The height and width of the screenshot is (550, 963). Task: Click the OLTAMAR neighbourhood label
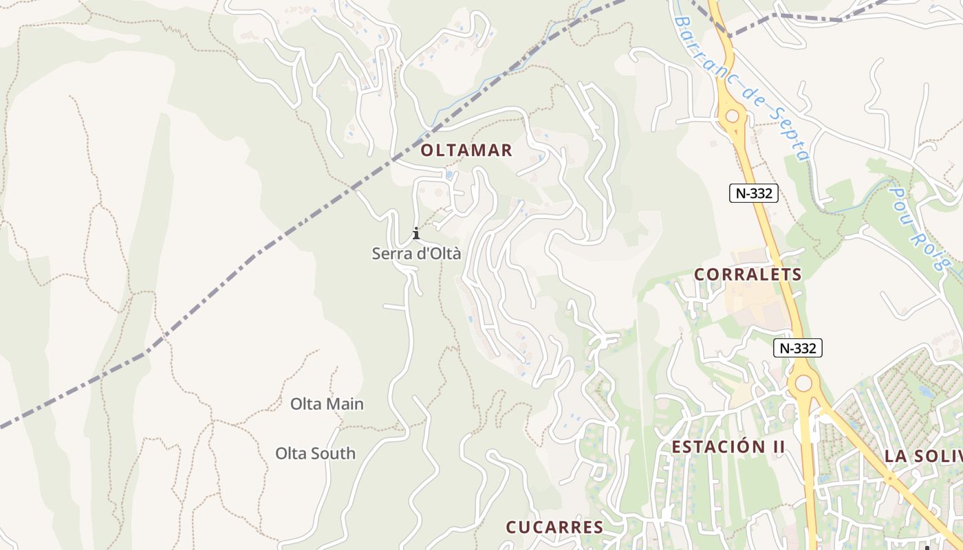[x=466, y=151]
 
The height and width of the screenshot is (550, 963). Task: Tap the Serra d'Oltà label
[x=416, y=254]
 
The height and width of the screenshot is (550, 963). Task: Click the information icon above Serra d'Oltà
[x=416, y=233]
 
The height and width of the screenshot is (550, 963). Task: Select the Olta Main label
[x=327, y=404]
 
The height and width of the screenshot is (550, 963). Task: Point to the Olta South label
[x=316, y=454]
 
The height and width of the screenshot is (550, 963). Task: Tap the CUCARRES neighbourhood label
[x=554, y=527]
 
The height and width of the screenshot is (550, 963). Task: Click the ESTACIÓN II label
[x=728, y=447]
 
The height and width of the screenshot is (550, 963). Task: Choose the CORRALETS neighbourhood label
[x=748, y=274]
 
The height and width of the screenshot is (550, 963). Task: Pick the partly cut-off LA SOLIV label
[x=922, y=456]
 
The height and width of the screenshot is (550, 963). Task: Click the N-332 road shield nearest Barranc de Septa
[x=753, y=194]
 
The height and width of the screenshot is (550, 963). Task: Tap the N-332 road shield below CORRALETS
[x=798, y=349]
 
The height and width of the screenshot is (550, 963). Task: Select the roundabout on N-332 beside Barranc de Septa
[x=732, y=117]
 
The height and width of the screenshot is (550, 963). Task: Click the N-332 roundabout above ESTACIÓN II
[x=802, y=382]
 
